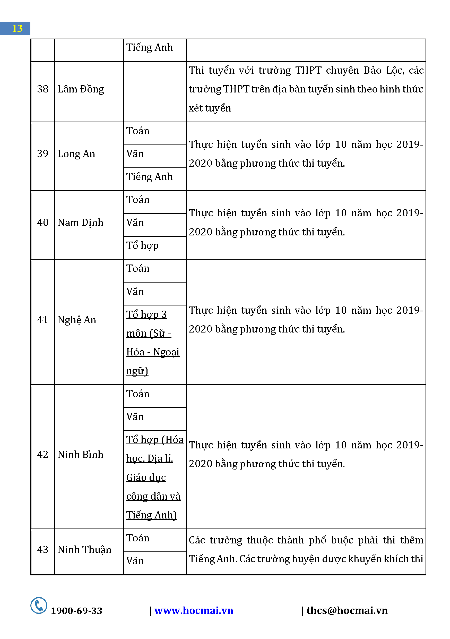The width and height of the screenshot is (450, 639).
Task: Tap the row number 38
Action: click(x=42, y=89)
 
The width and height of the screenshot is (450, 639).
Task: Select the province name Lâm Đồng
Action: click(x=81, y=89)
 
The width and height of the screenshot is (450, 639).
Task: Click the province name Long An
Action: click(x=76, y=154)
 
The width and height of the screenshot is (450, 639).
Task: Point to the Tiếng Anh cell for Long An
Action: click(x=149, y=177)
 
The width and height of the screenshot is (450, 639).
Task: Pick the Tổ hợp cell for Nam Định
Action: click(x=142, y=245)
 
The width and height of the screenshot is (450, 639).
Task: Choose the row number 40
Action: click(x=42, y=222)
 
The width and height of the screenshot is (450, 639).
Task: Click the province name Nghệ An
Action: click(x=77, y=320)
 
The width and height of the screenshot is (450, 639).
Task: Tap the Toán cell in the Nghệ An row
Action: click(x=138, y=268)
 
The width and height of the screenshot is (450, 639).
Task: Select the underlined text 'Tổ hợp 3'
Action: click(x=146, y=314)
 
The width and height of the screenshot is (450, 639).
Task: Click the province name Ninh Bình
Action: click(x=80, y=455)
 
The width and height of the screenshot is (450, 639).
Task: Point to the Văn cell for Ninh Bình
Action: click(x=135, y=417)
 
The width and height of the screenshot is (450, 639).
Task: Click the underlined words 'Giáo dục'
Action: click(x=146, y=477)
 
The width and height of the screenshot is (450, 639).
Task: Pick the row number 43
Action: click(x=42, y=549)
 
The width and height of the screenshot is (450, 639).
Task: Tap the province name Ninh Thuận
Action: click(x=84, y=549)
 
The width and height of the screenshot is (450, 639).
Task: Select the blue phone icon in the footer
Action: click(x=39, y=605)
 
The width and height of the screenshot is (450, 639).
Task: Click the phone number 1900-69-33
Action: click(x=76, y=611)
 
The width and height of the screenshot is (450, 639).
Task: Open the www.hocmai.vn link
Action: click(x=194, y=610)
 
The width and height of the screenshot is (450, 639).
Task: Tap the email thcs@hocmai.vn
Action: click(x=347, y=610)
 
